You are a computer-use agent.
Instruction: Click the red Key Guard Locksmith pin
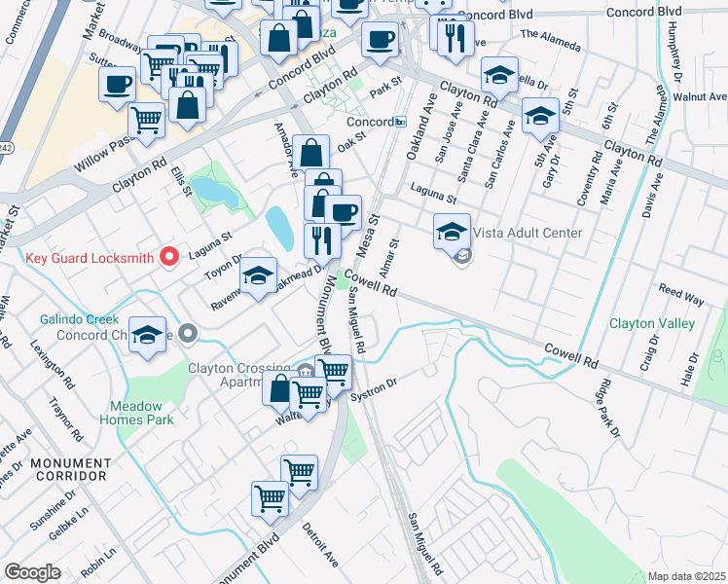169,257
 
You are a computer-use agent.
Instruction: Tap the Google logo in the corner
32,572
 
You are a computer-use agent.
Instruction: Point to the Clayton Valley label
651,323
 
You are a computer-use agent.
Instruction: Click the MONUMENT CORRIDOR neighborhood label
67,469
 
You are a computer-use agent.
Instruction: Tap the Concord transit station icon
400,121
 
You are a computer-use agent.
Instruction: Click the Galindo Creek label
79,319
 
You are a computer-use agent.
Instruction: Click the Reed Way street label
681,295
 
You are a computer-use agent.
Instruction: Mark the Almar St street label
394,258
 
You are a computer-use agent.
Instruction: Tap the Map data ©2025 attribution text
685,576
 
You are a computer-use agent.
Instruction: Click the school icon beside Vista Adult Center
452,232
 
